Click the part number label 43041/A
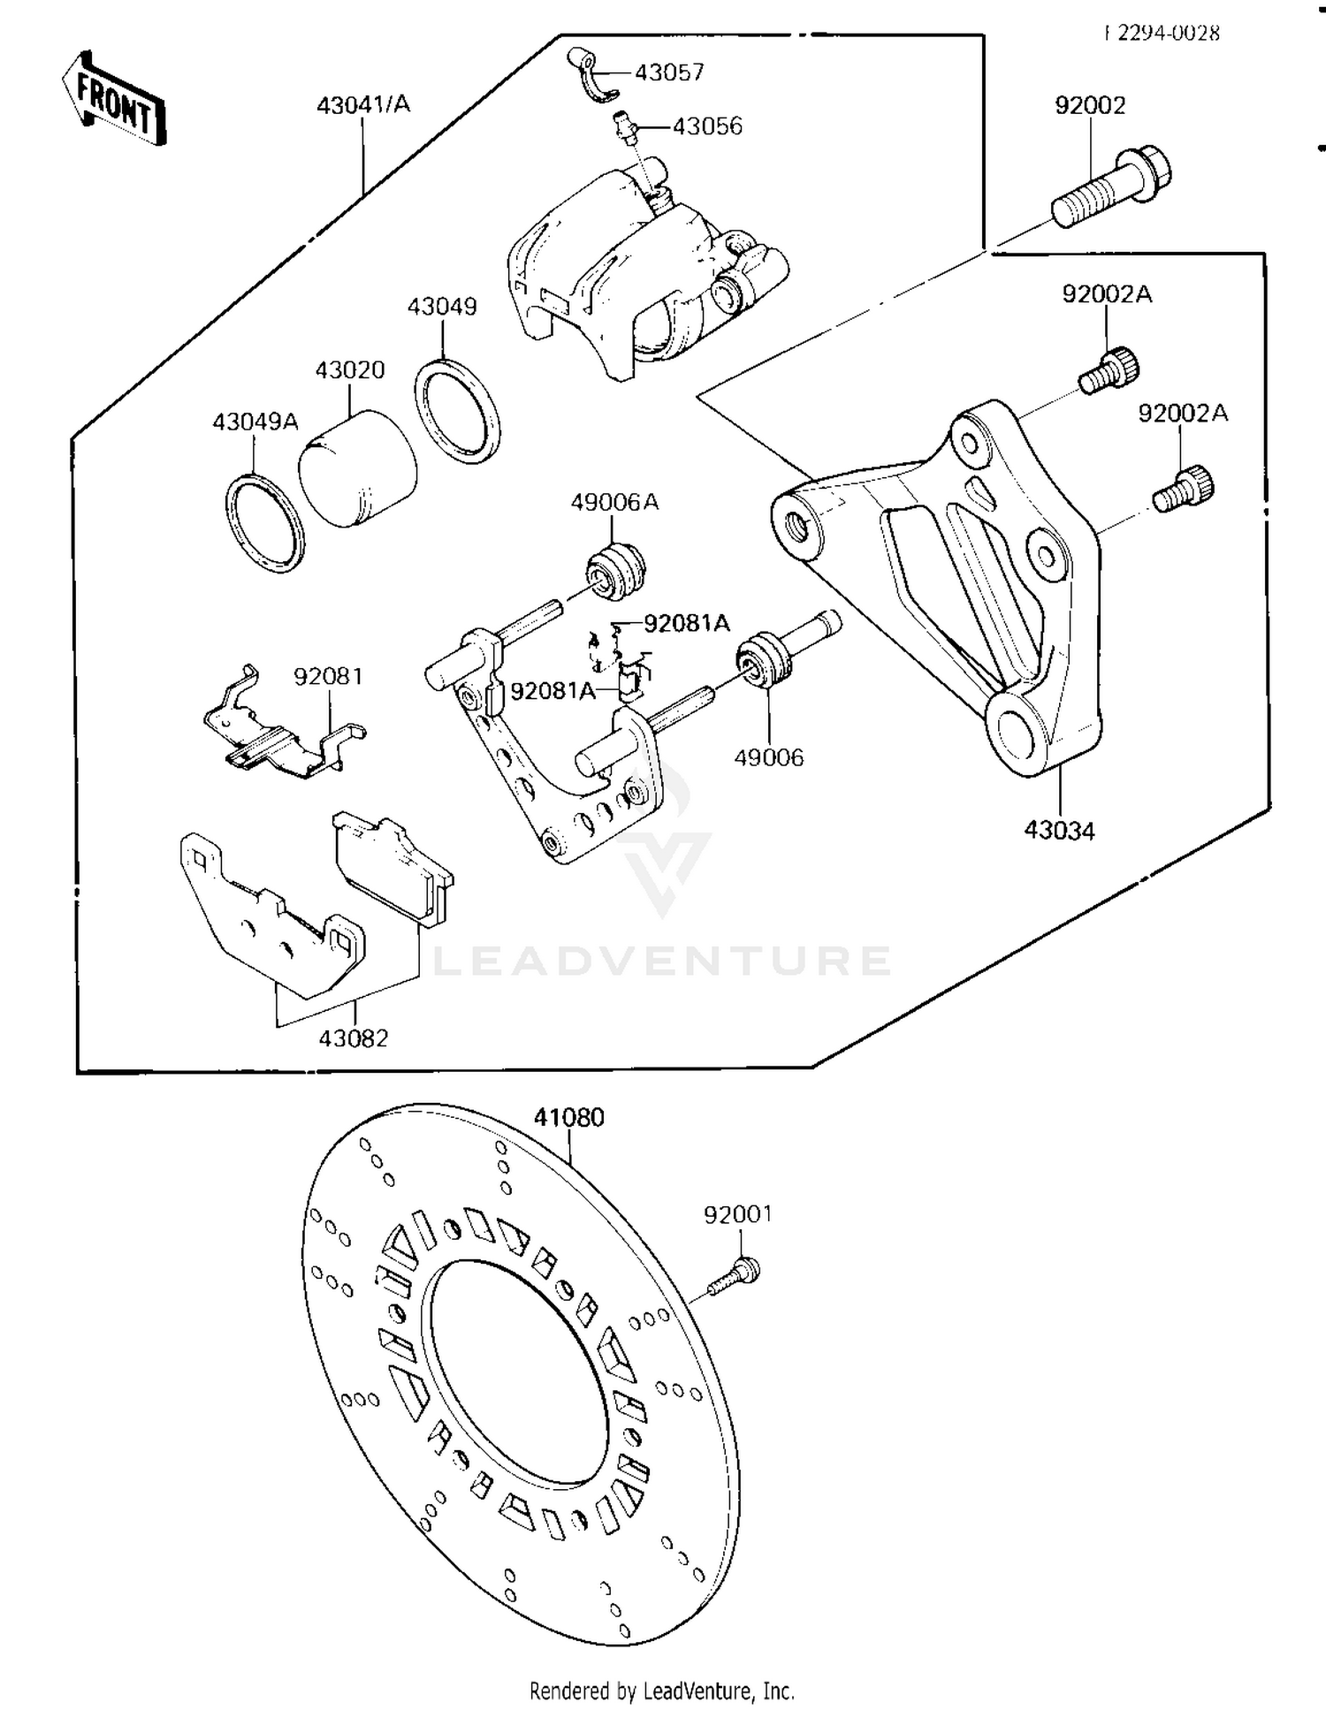[x=363, y=104]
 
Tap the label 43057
[x=669, y=72]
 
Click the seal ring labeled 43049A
[x=264, y=523]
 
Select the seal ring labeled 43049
[x=457, y=411]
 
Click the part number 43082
[x=354, y=1038]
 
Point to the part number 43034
[x=1059, y=831]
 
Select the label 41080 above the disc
[x=568, y=1117]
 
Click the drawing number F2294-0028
[x=1162, y=34]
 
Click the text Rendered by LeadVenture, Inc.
[x=661, y=1691]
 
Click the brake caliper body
[x=636, y=265]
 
